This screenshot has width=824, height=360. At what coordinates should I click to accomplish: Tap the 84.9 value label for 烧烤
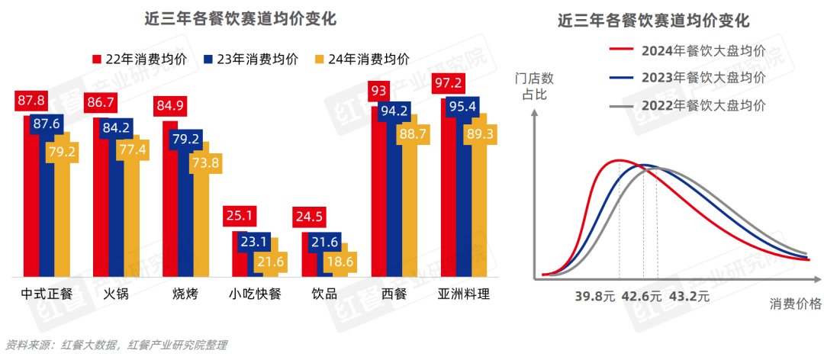[170, 104]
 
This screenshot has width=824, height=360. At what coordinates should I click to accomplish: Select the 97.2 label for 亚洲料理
[448, 82]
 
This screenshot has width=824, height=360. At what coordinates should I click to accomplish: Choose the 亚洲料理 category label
[464, 294]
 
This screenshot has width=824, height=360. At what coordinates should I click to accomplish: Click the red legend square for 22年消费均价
[98, 59]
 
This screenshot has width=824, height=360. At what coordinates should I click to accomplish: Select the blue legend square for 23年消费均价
[208, 59]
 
